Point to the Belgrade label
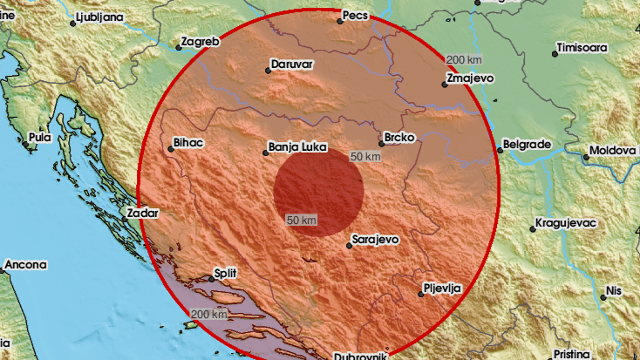(527, 143)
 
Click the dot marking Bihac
(171, 149)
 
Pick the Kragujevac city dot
(532, 229)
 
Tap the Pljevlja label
(444, 287)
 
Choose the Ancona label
(25, 263)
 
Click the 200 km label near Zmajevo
(463, 59)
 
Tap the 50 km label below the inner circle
(302, 220)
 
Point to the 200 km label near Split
(209, 314)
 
